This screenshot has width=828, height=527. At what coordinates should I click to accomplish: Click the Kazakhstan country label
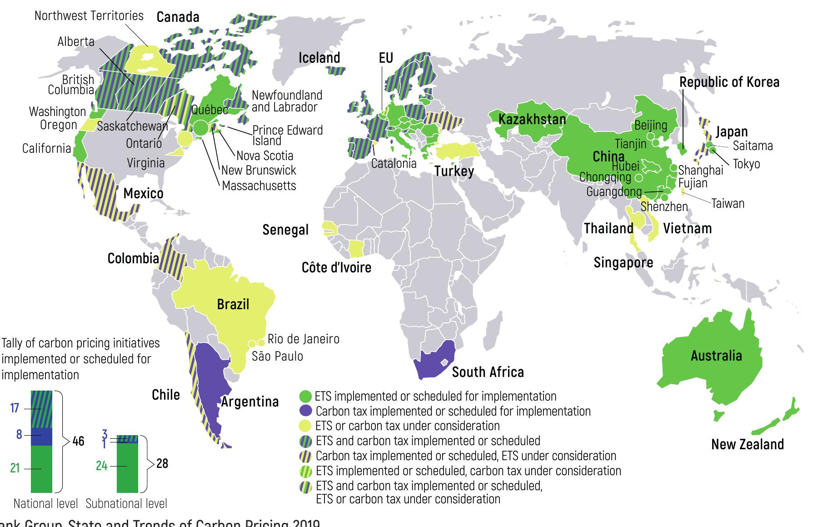pyautogui.click(x=532, y=120)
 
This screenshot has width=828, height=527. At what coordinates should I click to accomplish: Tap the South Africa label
pyautogui.click(x=488, y=372)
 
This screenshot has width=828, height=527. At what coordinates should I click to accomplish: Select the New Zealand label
pyautogui.click(x=747, y=444)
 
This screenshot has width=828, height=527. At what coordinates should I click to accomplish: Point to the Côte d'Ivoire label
pyautogui.click(x=336, y=267)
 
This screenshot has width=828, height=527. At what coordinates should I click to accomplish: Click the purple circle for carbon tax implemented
pyautogui.click(x=307, y=411)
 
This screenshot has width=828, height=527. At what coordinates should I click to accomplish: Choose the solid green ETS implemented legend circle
pyautogui.click(x=306, y=396)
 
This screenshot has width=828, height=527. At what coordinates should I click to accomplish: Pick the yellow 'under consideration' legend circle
pyautogui.click(x=307, y=426)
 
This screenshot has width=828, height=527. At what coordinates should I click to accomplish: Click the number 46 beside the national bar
pyautogui.click(x=78, y=441)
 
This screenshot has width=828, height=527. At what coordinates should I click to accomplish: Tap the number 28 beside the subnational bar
pyautogui.click(x=162, y=463)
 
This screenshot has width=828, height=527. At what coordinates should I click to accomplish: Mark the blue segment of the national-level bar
pyautogui.click(x=41, y=437)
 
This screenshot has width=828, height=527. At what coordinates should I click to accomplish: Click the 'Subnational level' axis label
pyautogui.click(x=126, y=504)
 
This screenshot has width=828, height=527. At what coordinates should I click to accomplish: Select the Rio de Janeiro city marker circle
pyautogui.click(x=261, y=342)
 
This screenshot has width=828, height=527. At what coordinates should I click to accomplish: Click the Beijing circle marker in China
pyautogui.click(x=651, y=136)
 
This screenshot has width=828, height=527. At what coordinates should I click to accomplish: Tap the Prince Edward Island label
pyautogui.click(x=287, y=135)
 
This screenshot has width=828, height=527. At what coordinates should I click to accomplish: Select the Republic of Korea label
pyautogui.click(x=729, y=82)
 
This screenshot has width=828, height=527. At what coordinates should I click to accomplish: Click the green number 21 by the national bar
pyautogui.click(x=15, y=468)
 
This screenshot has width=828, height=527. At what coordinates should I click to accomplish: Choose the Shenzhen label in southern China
pyautogui.click(x=664, y=207)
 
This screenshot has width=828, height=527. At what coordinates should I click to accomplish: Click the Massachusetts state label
pyautogui.click(x=259, y=186)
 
